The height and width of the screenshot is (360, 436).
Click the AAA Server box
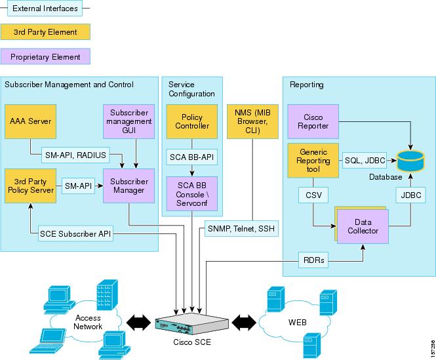(x=29, y=121)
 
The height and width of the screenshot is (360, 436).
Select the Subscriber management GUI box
(x=129, y=121)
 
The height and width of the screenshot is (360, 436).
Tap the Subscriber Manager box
(x=129, y=186)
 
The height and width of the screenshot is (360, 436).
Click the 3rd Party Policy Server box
(x=29, y=186)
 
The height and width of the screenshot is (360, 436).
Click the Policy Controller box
(x=191, y=122)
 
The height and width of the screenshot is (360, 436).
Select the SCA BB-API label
(x=191, y=158)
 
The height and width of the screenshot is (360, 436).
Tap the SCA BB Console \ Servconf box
(x=191, y=193)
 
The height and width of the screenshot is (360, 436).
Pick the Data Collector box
(x=363, y=226)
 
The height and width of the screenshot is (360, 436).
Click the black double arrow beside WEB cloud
(x=243, y=323)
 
